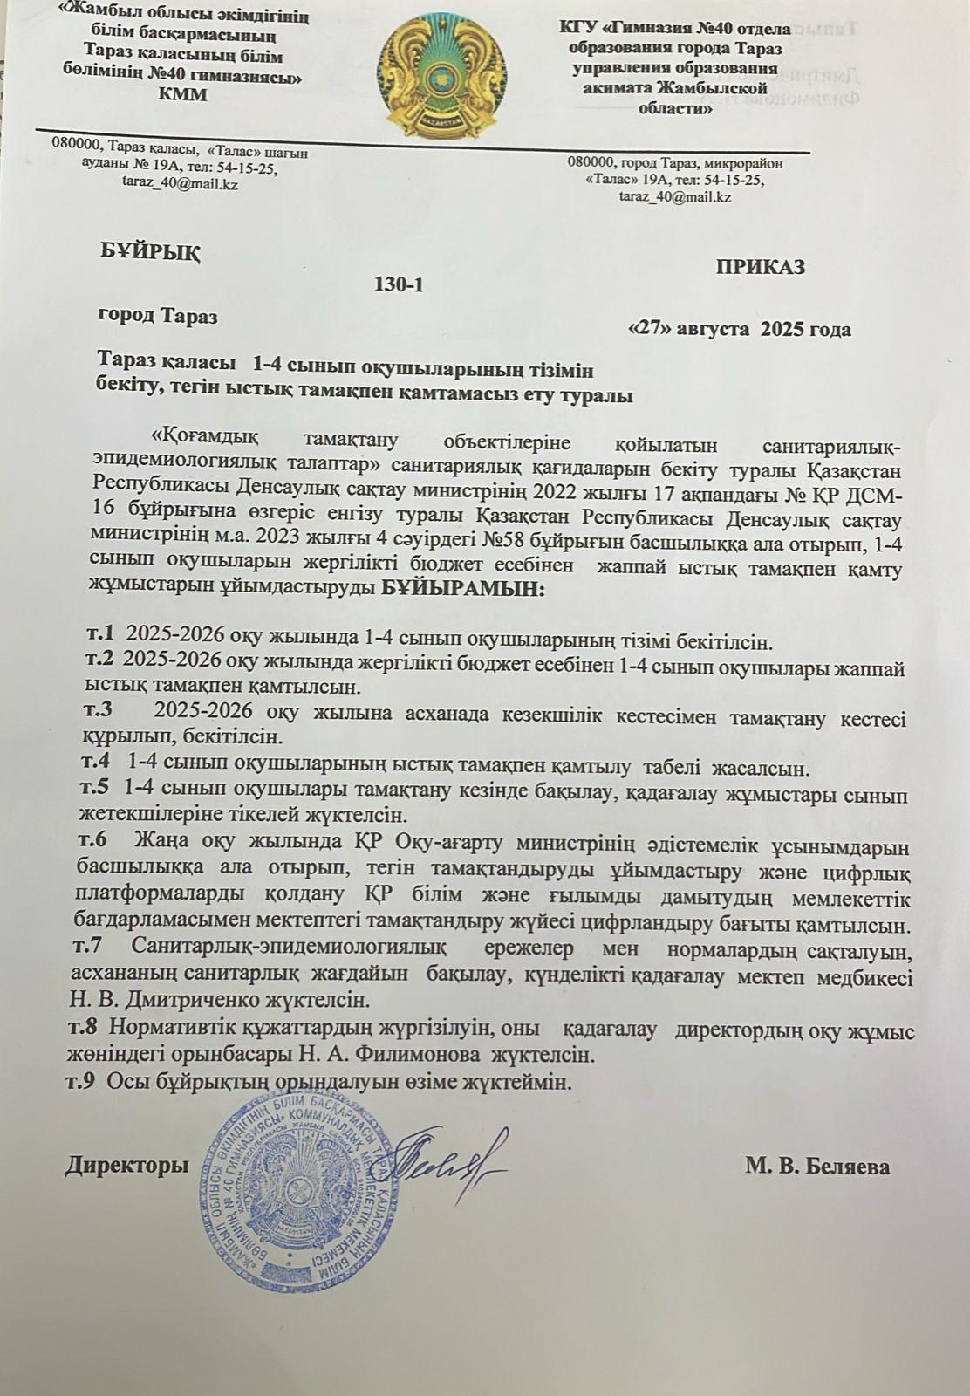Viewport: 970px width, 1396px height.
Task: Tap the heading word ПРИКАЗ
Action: click(760, 267)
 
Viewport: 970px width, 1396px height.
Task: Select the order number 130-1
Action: click(399, 284)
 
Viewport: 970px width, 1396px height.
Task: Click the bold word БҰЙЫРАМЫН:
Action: click(462, 590)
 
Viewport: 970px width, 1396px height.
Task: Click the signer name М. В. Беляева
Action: click(817, 1167)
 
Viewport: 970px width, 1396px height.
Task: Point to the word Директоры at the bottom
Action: click(127, 1166)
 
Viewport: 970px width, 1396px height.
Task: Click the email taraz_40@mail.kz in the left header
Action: click(182, 184)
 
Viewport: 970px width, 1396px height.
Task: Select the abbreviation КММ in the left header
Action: click(184, 95)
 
